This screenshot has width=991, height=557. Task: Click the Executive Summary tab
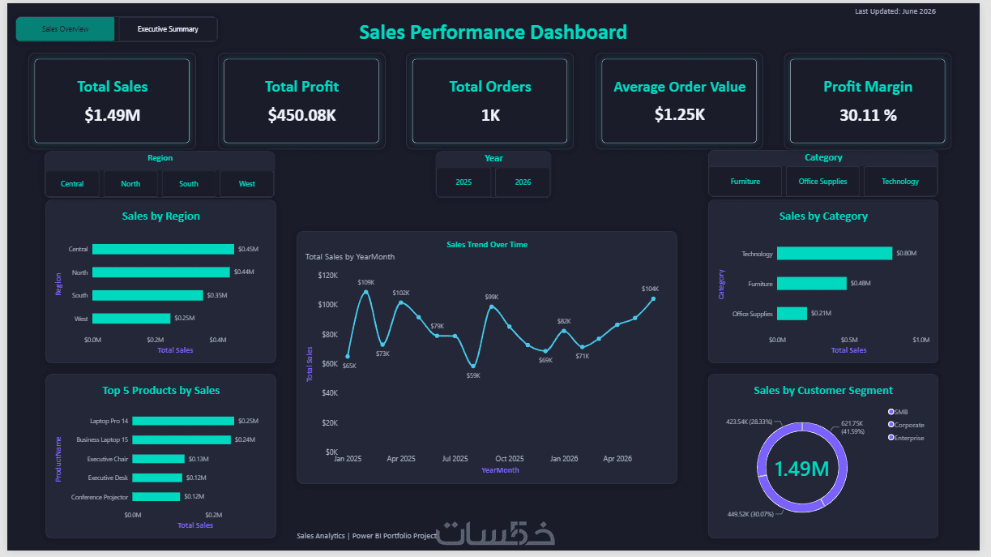[x=168, y=29]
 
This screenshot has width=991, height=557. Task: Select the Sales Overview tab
[x=65, y=29]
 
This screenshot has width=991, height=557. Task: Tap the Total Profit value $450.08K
[x=301, y=115]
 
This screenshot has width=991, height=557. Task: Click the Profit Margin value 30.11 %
[x=868, y=115]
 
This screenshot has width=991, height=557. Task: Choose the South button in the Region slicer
[x=189, y=184]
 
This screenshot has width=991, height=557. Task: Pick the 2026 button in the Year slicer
[x=523, y=182]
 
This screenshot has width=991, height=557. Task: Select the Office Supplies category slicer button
[x=822, y=182]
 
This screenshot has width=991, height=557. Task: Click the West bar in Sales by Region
[x=131, y=319]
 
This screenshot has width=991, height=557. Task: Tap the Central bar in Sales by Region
[x=163, y=249]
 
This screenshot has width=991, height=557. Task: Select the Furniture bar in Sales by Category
[x=812, y=284]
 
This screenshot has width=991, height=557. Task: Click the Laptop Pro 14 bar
[x=183, y=421]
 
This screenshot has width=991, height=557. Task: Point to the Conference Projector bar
[x=156, y=497]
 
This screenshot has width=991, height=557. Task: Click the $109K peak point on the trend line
[x=366, y=292]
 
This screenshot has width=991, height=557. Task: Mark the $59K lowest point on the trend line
[x=473, y=366]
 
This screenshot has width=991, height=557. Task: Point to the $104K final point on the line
[x=653, y=299]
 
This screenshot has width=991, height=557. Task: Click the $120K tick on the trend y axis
[x=328, y=276]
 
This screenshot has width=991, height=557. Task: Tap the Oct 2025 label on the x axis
[x=509, y=459]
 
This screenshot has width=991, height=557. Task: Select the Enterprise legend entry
[x=906, y=438]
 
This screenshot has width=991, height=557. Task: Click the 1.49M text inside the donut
[x=801, y=469]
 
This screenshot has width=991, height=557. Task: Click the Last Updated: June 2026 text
[x=895, y=11]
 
